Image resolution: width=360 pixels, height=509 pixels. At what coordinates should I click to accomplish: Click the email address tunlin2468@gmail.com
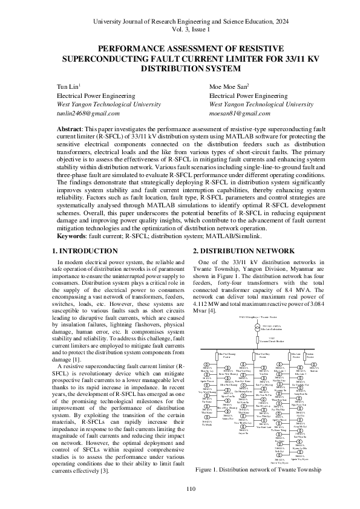coord(88,113)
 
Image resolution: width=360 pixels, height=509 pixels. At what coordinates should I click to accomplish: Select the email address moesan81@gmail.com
coord(240,113)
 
